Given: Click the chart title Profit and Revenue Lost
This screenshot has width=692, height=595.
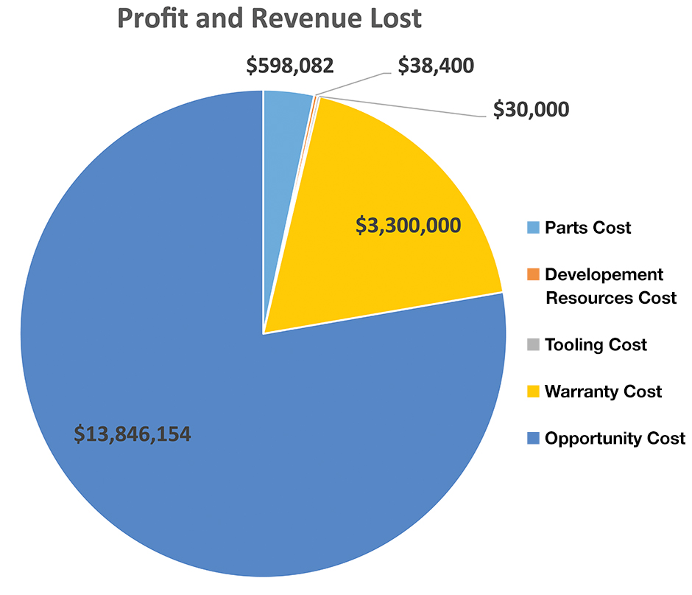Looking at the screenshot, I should [x=269, y=18].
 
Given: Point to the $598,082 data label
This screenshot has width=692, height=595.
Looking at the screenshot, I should [x=290, y=66].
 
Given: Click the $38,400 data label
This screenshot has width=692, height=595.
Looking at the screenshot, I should [x=436, y=66].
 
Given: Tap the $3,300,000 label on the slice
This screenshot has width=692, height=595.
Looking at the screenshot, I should [x=409, y=226].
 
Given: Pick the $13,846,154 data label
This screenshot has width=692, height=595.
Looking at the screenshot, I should [x=133, y=434].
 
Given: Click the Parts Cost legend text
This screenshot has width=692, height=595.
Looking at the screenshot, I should [x=587, y=227].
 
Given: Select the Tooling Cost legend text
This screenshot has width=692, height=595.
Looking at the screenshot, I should [x=596, y=344].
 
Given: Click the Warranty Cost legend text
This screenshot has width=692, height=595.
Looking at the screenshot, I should [x=603, y=392].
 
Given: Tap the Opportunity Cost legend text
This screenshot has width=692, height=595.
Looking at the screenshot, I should [x=615, y=438].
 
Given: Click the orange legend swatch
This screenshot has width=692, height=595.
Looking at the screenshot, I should [x=533, y=275].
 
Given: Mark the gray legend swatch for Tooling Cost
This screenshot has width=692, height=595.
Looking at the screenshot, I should [x=533, y=344].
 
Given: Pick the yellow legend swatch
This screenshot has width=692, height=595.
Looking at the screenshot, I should [x=533, y=392].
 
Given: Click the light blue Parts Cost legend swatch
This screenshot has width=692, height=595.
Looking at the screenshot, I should [x=533, y=227].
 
